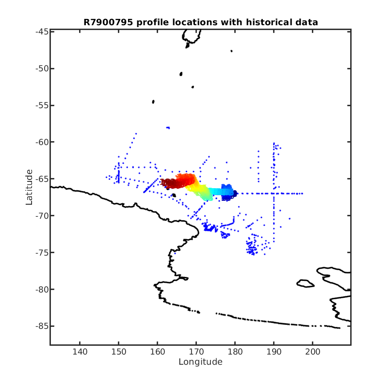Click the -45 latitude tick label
[42, 32]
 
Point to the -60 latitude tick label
[42, 142]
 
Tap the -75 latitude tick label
[42, 253]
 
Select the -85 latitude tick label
[42, 326]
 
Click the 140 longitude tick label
[80, 352]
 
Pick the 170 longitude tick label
[196, 352]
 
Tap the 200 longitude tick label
[312, 352]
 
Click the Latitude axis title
[29, 187]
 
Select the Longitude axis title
[200, 362]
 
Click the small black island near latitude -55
[153, 102]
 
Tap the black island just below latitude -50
[181, 74]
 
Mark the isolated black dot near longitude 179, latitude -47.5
[232, 51]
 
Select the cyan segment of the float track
[218, 192]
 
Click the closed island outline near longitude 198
[305, 283]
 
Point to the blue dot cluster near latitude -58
[168, 128]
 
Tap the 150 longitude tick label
[119, 352]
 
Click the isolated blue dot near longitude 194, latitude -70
[290, 219]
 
